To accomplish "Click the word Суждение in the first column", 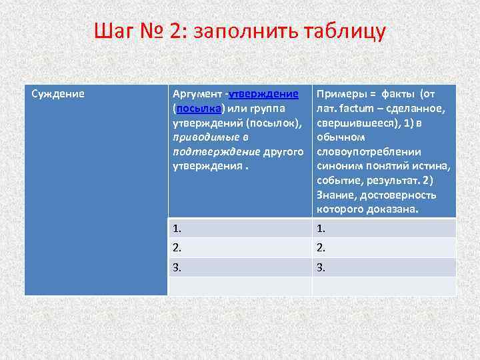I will click(59, 93).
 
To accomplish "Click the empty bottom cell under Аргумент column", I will click(239, 286).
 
